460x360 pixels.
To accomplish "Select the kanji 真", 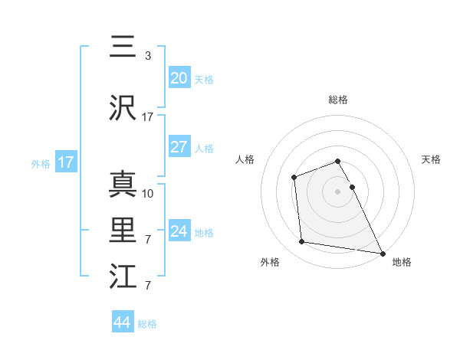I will pyautogui.click(x=123, y=184).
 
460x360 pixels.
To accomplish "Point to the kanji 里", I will pyautogui.click(x=123, y=230).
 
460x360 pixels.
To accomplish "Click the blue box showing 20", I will pyautogui.click(x=179, y=77).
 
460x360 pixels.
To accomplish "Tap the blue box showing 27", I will pyautogui.click(x=179, y=148).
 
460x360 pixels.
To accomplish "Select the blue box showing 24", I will pyautogui.click(x=179, y=231).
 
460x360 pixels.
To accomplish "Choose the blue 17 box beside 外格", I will pyautogui.click(x=66, y=162).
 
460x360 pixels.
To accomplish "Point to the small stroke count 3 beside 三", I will pyautogui.click(x=148, y=56).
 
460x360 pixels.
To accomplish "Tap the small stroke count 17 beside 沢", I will pyautogui.click(x=148, y=117).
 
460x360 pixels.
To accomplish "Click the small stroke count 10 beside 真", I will pyautogui.click(x=148, y=193).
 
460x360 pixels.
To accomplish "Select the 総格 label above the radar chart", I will pyautogui.click(x=338, y=100).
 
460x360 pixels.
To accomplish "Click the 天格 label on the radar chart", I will pyautogui.click(x=432, y=159).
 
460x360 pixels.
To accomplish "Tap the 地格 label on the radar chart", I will pyautogui.click(x=402, y=262).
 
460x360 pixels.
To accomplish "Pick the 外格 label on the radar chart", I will pyautogui.click(x=270, y=262).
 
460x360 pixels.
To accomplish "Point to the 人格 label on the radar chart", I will pyautogui.click(x=245, y=159).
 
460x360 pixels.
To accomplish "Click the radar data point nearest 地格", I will pyautogui.click(x=383, y=253).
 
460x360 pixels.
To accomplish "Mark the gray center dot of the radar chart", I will pyautogui.click(x=338, y=191).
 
